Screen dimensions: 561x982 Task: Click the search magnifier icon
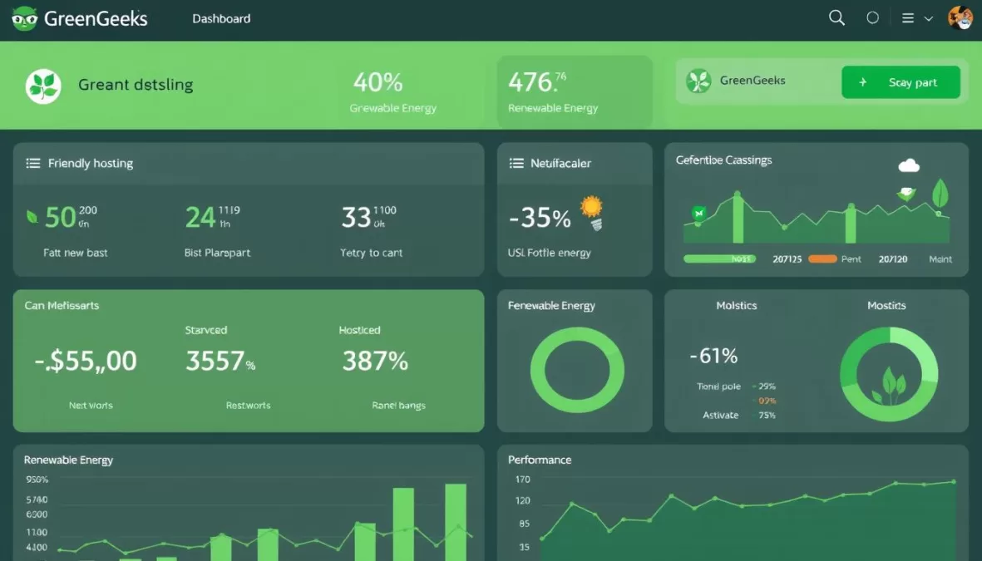pos(836,17)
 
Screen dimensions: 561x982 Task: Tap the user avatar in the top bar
pos(960,17)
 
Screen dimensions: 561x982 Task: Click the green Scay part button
pos(901,82)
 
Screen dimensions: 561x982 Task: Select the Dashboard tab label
pos(221,18)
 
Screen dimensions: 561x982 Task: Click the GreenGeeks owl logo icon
pos(25,18)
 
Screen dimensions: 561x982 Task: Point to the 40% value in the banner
pos(378,82)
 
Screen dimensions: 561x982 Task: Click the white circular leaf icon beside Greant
pos(43,86)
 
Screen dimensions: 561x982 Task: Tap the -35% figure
pos(540,218)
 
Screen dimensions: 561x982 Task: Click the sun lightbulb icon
pos(592,211)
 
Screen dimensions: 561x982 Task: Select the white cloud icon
pos(909,165)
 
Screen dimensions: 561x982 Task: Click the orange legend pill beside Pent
pos(822,259)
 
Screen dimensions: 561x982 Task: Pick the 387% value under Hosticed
pos(375,361)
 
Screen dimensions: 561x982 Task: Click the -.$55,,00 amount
pos(86,361)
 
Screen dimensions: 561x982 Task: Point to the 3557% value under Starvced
pos(220,361)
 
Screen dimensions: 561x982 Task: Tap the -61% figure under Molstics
pos(713,356)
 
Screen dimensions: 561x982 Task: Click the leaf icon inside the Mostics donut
pos(889,384)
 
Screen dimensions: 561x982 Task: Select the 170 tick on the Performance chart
pos(522,480)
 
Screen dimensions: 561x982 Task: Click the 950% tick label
pos(37,480)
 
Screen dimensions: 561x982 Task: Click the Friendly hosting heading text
pos(91,164)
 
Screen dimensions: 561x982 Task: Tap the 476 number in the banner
pos(530,82)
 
